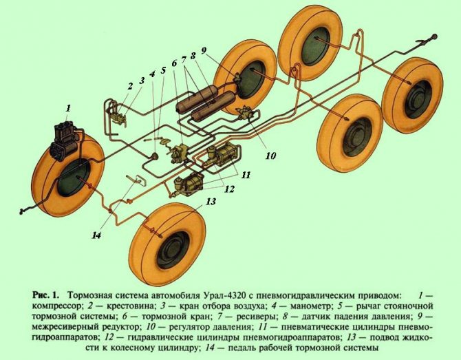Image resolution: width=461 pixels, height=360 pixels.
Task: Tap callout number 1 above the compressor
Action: (67, 108)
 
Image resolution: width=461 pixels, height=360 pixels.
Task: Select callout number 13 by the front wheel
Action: (210, 201)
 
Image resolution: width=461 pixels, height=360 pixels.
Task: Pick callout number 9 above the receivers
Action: (222, 50)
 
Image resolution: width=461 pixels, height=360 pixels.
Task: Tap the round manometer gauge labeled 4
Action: (156, 156)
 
